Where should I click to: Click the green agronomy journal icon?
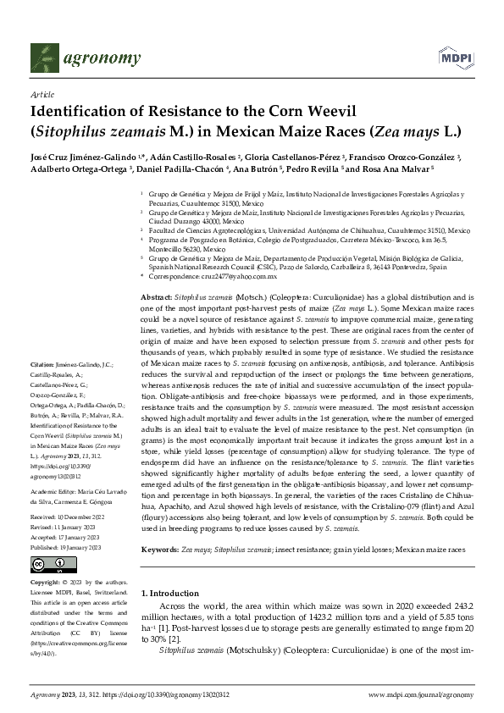(44, 57)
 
